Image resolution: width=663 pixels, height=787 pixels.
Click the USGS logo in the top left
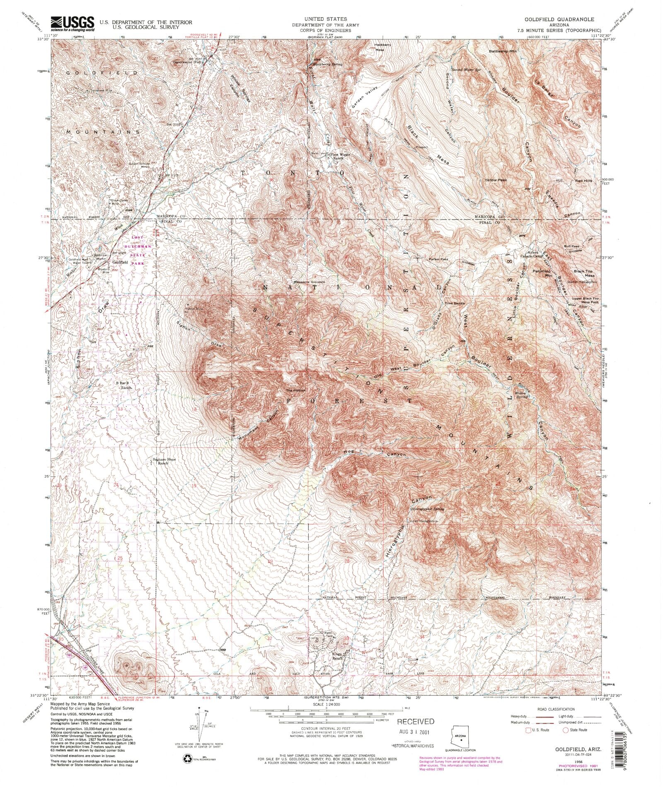click(72, 24)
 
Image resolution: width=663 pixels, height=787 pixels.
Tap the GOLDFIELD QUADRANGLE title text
click(559, 19)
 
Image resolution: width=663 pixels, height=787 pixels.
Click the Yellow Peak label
click(496, 180)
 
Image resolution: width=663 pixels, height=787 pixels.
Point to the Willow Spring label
click(521, 395)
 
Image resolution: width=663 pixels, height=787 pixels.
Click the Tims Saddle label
click(455, 304)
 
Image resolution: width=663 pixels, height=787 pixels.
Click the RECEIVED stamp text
click(416, 721)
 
